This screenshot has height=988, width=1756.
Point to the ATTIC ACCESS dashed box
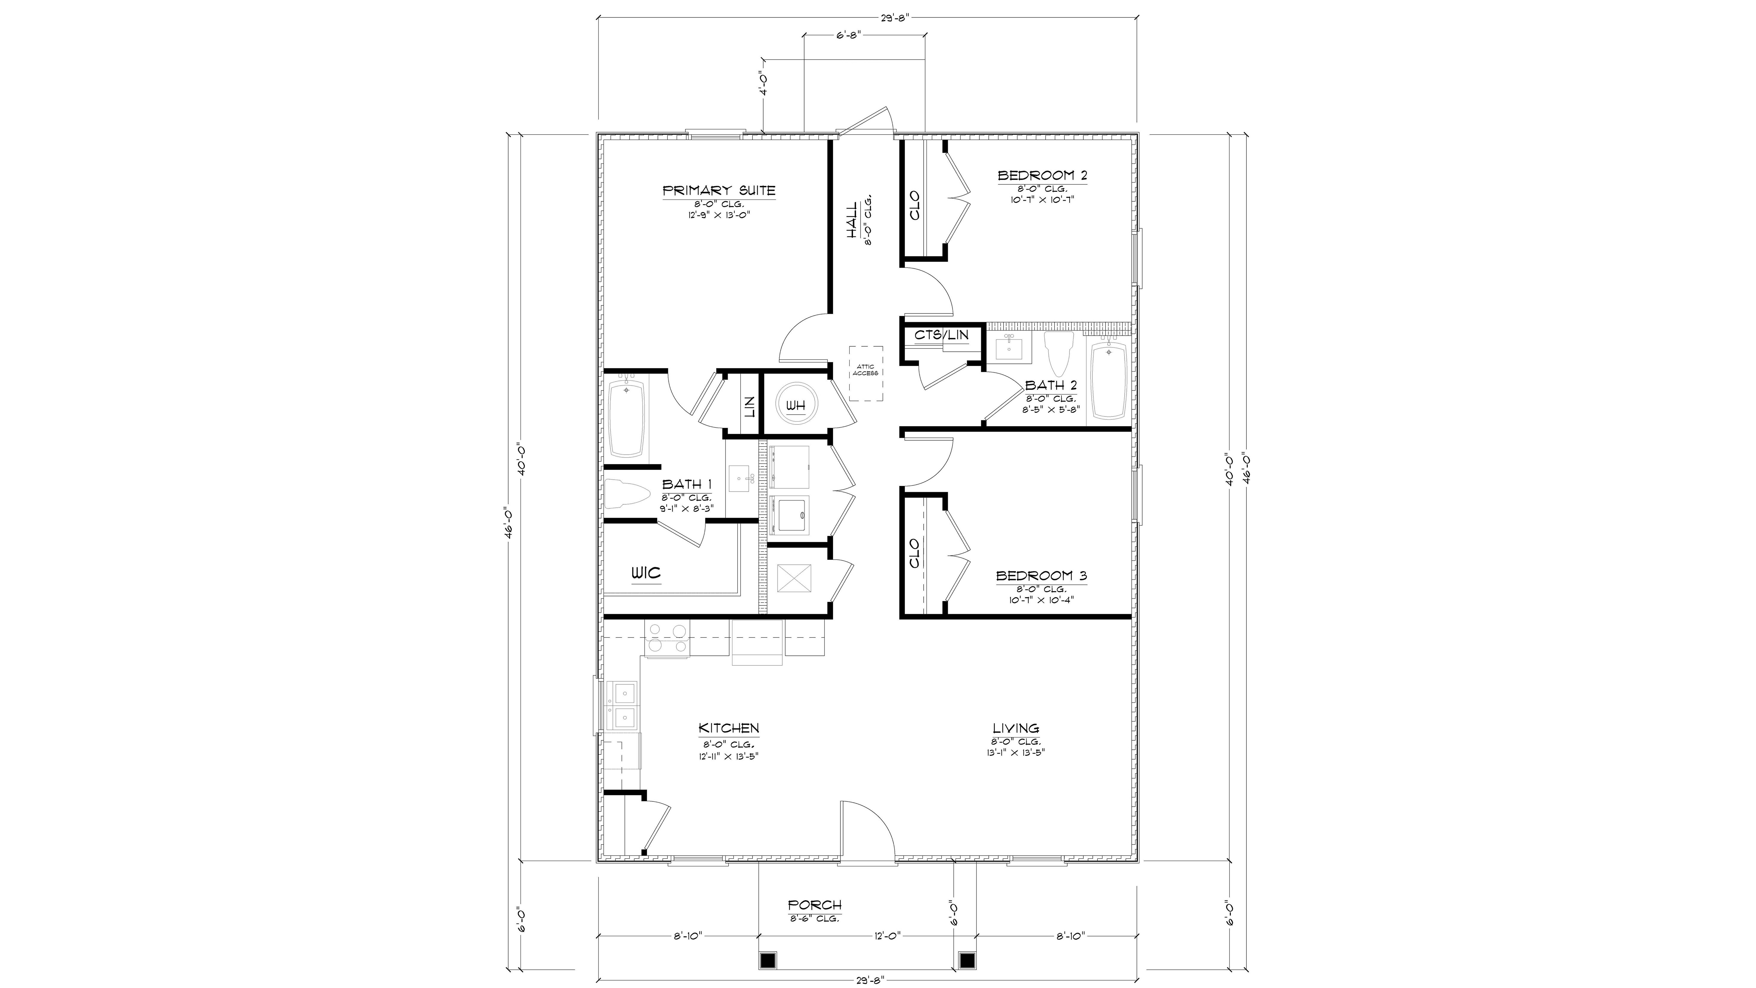click(x=865, y=374)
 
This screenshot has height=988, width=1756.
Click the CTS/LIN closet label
click(x=942, y=335)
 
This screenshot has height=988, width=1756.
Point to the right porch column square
click(x=967, y=960)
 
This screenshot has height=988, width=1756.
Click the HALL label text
click(x=852, y=220)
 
